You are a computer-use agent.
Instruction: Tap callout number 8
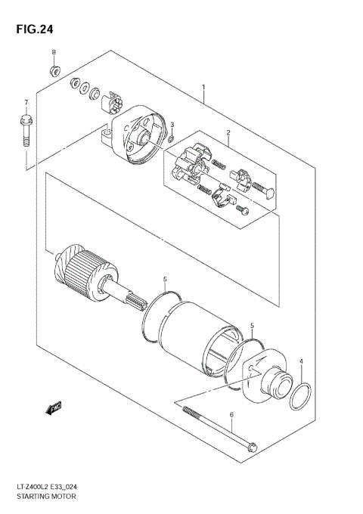pyautogui.click(x=54, y=52)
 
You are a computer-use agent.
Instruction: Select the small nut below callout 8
pyautogui.click(x=54, y=71)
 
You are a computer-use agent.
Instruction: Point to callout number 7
pyautogui.click(x=25, y=102)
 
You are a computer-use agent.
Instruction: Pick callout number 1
pyautogui.click(x=203, y=88)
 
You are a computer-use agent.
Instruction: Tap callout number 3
pyautogui.click(x=172, y=124)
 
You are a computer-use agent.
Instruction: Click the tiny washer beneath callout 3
pyautogui.click(x=172, y=138)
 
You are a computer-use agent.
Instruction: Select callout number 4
pyautogui.click(x=300, y=362)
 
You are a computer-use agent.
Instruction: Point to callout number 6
pyautogui.click(x=232, y=415)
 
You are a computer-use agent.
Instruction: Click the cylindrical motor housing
pyautogui.click(x=189, y=333)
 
